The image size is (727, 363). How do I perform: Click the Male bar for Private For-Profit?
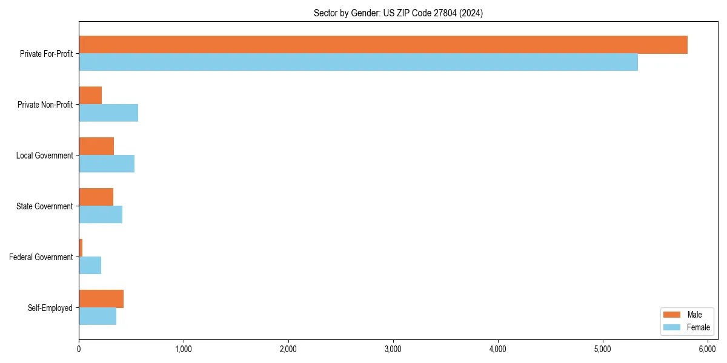click(x=383, y=45)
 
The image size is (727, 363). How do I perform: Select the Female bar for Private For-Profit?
click(x=358, y=62)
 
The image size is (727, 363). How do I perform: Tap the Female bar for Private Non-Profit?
click(x=108, y=113)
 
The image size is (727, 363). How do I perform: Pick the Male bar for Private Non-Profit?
click(x=90, y=96)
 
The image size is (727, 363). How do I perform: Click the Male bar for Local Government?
click(x=96, y=146)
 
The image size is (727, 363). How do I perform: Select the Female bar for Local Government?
click(x=107, y=164)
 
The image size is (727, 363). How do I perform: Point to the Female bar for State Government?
click(x=101, y=215)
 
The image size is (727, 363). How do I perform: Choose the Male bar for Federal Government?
click(x=81, y=248)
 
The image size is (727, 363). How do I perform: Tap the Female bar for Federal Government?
click(x=90, y=266)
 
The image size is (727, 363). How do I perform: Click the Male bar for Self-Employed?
click(x=101, y=299)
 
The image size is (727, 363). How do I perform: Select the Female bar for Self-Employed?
click(x=98, y=316)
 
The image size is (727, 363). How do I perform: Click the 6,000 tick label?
click(x=708, y=349)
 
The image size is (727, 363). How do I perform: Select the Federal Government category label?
click(x=41, y=257)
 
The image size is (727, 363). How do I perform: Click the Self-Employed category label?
click(x=50, y=308)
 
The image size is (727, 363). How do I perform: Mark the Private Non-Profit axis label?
click(x=45, y=105)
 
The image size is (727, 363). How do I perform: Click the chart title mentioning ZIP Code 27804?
click(x=398, y=13)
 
